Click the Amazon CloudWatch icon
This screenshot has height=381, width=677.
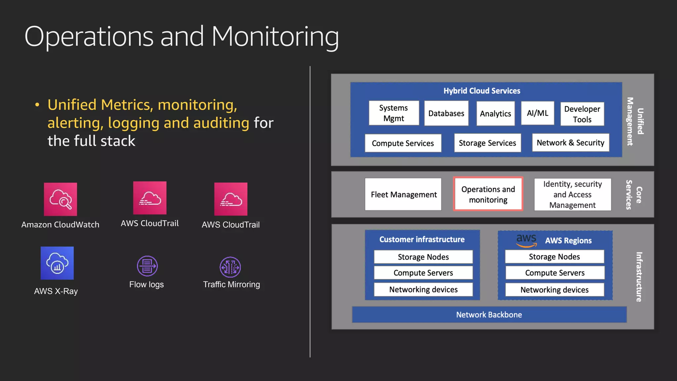(60, 199)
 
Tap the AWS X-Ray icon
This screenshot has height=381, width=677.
(57, 263)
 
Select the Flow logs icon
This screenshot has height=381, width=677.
(147, 266)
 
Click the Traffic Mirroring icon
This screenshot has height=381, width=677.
(230, 267)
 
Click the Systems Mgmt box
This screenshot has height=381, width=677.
(394, 113)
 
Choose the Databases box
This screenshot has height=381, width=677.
(446, 113)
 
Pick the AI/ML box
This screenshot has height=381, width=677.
(538, 113)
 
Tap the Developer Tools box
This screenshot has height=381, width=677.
(582, 114)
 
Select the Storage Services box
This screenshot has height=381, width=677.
(487, 143)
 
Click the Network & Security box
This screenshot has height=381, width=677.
(571, 143)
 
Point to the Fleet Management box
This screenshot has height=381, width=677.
(403, 194)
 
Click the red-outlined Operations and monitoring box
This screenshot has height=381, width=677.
(488, 194)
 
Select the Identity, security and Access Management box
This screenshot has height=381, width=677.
(573, 194)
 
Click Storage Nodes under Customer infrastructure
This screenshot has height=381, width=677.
(423, 257)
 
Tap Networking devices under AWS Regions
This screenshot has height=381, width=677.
(554, 290)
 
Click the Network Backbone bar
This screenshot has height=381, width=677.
(489, 315)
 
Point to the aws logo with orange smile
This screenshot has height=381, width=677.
(526, 240)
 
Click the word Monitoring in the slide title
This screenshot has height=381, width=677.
(275, 37)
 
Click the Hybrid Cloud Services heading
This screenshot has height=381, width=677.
(482, 91)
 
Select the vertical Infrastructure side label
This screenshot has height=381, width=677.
(639, 277)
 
